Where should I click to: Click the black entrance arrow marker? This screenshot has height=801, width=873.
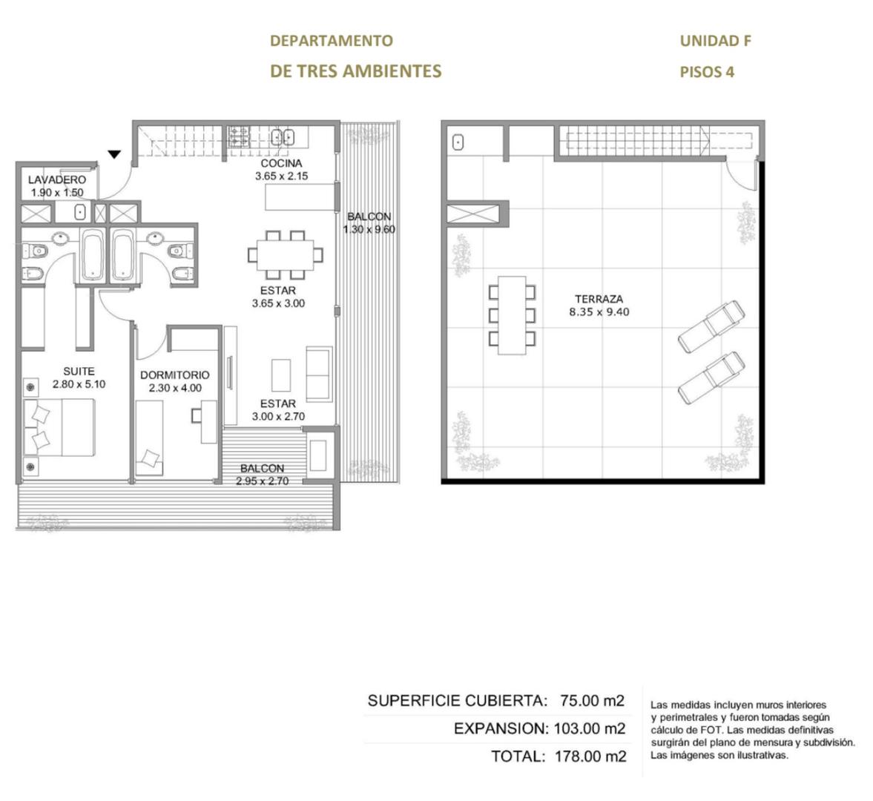point(114,154)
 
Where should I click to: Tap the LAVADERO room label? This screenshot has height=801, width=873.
point(57,179)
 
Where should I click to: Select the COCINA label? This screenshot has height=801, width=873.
point(281,163)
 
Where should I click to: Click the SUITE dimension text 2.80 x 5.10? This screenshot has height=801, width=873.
point(79,384)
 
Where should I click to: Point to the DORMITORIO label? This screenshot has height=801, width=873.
point(175,375)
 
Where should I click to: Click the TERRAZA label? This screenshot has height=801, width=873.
point(599,299)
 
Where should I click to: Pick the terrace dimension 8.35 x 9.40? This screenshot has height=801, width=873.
point(599,312)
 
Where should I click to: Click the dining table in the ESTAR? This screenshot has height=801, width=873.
point(285,255)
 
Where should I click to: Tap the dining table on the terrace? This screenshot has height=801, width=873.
point(513,315)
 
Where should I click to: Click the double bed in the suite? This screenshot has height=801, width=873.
point(59,427)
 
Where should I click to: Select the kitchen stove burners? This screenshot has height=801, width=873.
point(239,136)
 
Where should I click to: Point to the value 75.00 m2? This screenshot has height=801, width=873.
point(593,700)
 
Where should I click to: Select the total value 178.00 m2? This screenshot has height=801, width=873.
point(590,756)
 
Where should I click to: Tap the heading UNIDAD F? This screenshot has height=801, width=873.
point(716,41)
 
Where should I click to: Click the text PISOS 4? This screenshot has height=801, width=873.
point(707,72)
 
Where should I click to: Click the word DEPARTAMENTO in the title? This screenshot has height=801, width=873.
point(332,41)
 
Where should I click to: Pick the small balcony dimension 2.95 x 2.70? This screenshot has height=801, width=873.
point(263,481)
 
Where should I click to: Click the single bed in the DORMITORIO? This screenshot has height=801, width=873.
point(149,438)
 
